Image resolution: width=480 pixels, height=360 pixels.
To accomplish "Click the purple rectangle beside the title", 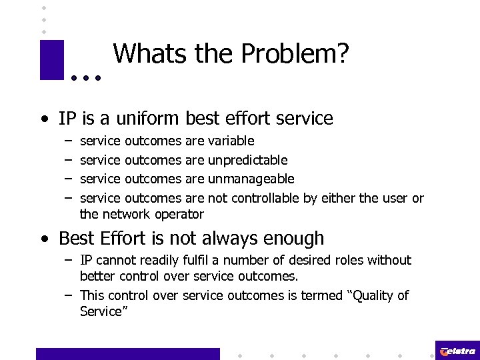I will pos(51,60).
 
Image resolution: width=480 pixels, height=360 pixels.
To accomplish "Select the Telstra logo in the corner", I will pos(457,351).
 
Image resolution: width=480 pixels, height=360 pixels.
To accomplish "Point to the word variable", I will pos(231,141).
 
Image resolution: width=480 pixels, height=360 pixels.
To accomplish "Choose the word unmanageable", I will pos(251,179).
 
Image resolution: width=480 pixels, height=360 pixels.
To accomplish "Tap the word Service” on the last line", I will pos(103,311).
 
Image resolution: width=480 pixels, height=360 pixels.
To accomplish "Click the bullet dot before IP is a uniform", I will pos(43,121).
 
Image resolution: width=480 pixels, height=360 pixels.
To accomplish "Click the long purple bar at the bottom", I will pos(127,354).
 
